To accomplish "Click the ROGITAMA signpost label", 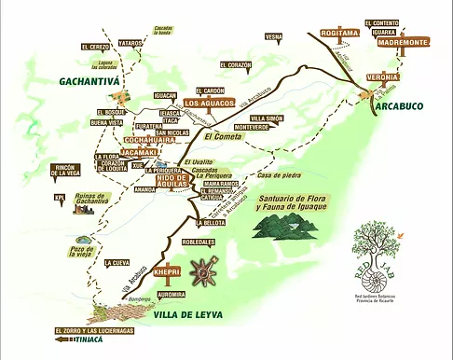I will click(x=339, y=33).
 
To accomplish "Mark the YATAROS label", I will click(x=130, y=43).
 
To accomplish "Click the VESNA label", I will click(x=273, y=36).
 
